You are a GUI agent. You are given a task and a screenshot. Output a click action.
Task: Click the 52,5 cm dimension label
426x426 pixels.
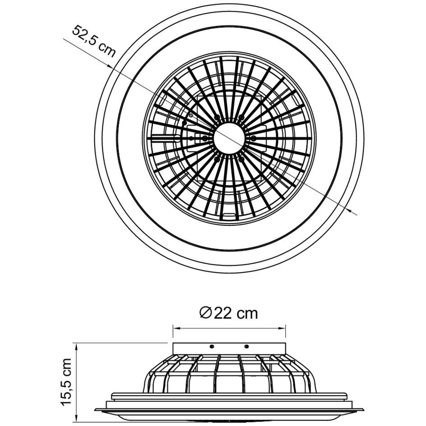[93, 41]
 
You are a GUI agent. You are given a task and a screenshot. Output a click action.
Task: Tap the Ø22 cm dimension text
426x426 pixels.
[229, 312]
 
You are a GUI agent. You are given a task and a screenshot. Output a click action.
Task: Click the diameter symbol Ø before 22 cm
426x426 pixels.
[206, 312]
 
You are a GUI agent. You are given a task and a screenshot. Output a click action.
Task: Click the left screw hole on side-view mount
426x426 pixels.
[211, 347]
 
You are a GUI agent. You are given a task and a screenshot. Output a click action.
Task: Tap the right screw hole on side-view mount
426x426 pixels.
[247, 347]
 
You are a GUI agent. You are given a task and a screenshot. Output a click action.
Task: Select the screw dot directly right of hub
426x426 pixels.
[253, 137]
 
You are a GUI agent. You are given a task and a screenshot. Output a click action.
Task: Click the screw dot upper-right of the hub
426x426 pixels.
[242, 117]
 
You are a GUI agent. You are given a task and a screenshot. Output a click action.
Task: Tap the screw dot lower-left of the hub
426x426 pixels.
[217, 159]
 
